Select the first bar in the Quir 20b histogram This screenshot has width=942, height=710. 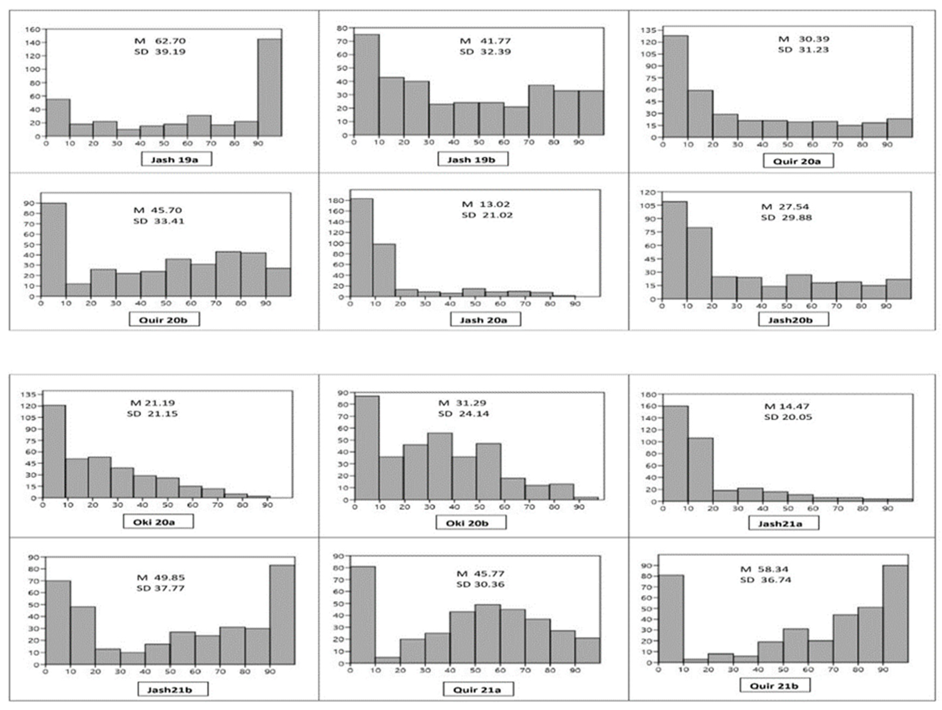[x=54, y=250]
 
